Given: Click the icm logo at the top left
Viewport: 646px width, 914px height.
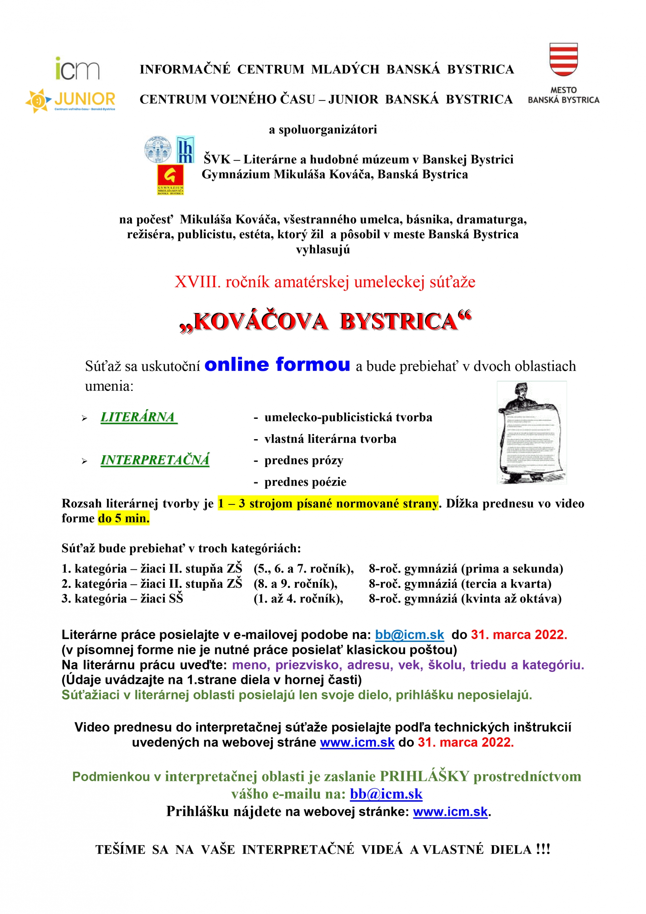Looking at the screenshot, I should pyautogui.click(x=77, y=69).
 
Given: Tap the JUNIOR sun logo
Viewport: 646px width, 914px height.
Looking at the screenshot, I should pyautogui.click(x=70, y=100).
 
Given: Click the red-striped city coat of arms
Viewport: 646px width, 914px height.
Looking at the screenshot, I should pyautogui.click(x=563, y=59).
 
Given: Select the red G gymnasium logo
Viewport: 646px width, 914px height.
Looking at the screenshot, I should pyautogui.click(x=170, y=180).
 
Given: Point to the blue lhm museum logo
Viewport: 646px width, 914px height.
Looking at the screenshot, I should pyautogui.click(x=185, y=150).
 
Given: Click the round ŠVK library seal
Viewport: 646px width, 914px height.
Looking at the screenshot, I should pyautogui.click(x=158, y=150).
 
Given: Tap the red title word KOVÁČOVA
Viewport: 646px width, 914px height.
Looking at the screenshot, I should pyautogui.click(x=261, y=321).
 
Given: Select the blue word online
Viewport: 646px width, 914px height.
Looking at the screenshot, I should pyautogui.click(x=236, y=365).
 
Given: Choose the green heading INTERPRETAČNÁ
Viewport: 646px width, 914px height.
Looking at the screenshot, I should pyautogui.click(x=155, y=460).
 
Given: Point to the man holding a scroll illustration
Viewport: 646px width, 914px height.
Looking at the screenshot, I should pyautogui.click(x=531, y=432).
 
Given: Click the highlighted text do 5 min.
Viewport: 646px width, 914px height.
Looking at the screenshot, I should pyautogui.click(x=124, y=518).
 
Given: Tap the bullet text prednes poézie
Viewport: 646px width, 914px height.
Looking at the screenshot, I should pyautogui.click(x=305, y=482).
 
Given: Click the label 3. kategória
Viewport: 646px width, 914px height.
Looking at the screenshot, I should pyautogui.click(x=94, y=599).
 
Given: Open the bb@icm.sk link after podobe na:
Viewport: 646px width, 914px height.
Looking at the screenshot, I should pyautogui.click(x=409, y=634).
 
